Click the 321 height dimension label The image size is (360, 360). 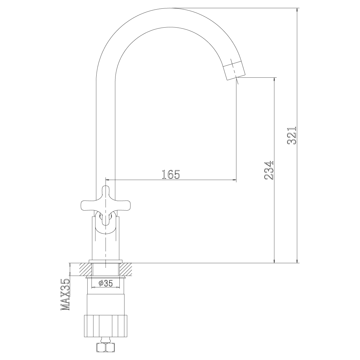[x=292, y=136]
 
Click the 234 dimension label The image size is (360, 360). [x=269, y=170]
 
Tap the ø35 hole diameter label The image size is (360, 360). [x=106, y=283]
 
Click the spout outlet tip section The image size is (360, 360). [x=234, y=71]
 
